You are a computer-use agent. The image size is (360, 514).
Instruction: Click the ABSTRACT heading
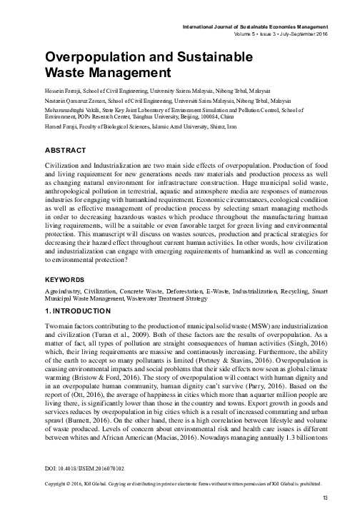click(x=66, y=151)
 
